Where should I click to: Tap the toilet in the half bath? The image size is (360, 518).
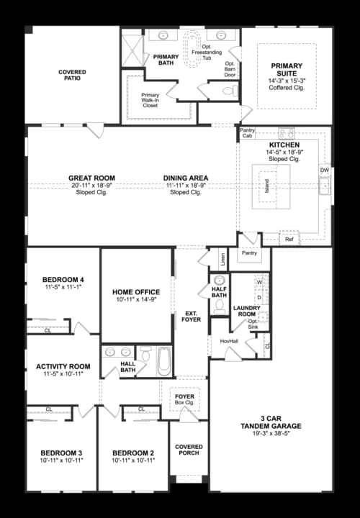(x=220, y=307)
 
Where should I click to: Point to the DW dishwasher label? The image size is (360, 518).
(x=324, y=171)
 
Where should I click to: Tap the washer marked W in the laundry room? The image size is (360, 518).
(x=259, y=283)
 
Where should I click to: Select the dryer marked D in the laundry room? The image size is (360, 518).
(x=259, y=296)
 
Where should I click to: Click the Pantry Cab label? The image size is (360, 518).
(x=248, y=132)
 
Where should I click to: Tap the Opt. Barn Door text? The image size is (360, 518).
(x=230, y=68)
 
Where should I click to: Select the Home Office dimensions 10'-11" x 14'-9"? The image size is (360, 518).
(x=136, y=300)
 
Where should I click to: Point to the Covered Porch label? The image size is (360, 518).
(x=189, y=450)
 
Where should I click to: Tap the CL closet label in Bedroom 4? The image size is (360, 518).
(x=48, y=331)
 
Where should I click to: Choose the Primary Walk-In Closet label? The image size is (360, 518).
(x=150, y=100)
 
